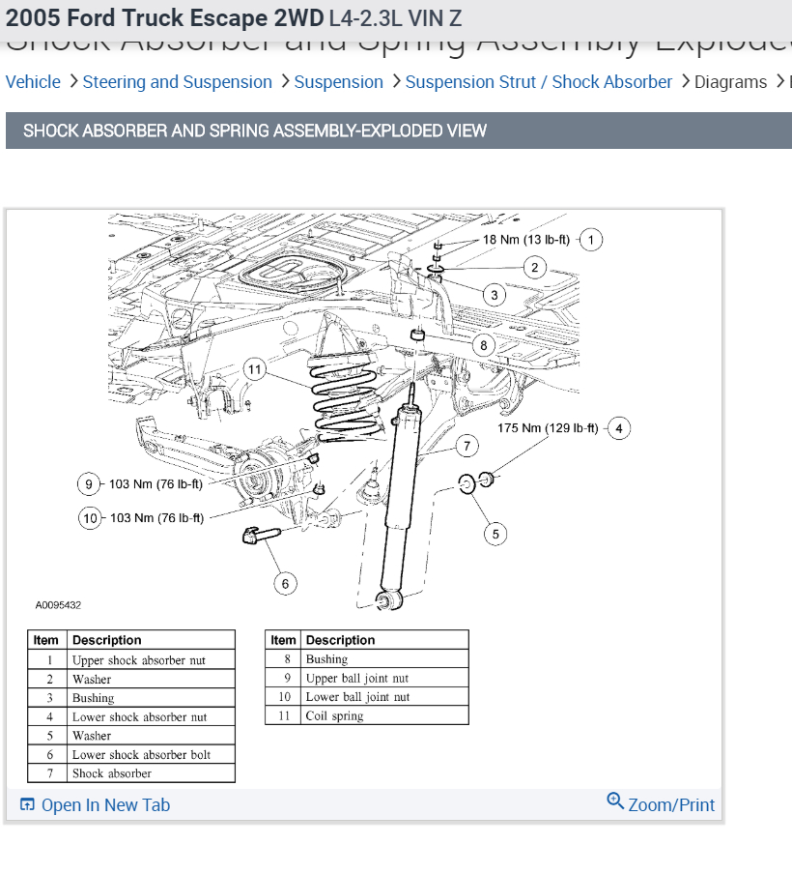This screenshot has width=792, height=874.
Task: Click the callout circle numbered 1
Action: pyautogui.click(x=590, y=240)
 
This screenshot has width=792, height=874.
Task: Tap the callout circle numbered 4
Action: pyautogui.click(x=618, y=427)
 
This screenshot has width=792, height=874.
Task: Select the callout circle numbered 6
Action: pyautogui.click(x=284, y=583)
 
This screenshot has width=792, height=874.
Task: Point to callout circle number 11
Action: pyautogui.click(x=254, y=369)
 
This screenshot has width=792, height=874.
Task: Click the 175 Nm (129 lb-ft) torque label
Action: pyautogui.click(x=548, y=427)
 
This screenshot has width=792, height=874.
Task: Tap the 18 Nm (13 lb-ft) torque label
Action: pyautogui.click(x=525, y=240)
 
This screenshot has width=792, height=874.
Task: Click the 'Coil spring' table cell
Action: pyautogui.click(x=334, y=716)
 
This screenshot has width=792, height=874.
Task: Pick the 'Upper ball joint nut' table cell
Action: pyautogui.click(x=356, y=679)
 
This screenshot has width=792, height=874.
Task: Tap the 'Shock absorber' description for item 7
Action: pyautogui.click(x=111, y=773)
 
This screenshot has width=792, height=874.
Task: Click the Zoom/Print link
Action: pyautogui.click(x=671, y=805)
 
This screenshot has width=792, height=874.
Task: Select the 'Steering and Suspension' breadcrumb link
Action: pyautogui.click(x=178, y=82)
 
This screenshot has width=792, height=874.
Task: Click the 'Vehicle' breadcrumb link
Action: pyautogui.click(x=33, y=82)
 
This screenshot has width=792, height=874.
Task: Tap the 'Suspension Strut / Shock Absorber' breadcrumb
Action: pyautogui.click(x=539, y=82)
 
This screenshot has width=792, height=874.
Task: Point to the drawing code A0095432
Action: pyautogui.click(x=58, y=605)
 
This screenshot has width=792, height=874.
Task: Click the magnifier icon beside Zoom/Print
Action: pyautogui.click(x=615, y=801)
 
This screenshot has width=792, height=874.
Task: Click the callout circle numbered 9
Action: pyautogui.click(x=89, y=484)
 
